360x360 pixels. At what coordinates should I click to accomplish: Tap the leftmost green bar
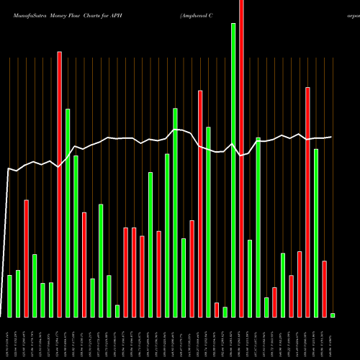(x=10, y=296)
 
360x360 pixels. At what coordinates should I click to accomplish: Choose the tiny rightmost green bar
(x=333, y=315)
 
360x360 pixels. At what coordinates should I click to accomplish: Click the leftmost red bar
(x=27, y=258)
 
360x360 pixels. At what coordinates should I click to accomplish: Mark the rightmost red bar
(x=324, y=289)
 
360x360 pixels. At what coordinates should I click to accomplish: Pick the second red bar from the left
(x=60, y=184)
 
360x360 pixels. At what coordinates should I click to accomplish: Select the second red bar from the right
(x=307, y=202)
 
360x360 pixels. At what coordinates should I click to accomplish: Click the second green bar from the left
(x=18, y=294)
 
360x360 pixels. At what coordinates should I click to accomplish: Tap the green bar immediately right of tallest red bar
(x=250, y=279)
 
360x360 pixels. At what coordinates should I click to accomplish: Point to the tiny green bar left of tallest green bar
(x=225, y=312)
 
